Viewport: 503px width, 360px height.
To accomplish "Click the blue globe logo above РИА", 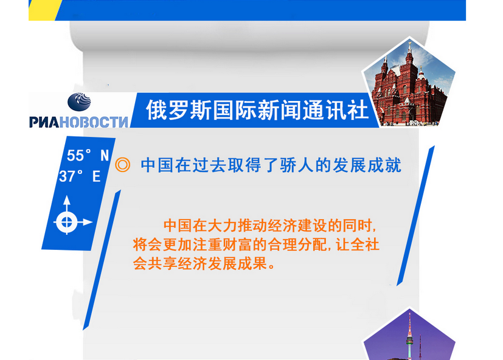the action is (79, 102).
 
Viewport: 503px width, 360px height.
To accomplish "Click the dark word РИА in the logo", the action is (44, 122).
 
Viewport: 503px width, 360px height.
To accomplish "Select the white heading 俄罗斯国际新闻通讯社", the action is (257, 110).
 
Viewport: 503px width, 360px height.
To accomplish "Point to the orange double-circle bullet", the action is (122, 165).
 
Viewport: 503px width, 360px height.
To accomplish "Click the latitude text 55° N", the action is (88, 156).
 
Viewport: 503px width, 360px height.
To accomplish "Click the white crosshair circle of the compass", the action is (67, 222).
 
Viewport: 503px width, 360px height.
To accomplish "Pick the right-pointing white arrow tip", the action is (88, 222).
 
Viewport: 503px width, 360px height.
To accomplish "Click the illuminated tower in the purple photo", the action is (410, 335).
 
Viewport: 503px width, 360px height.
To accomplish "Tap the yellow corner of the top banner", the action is (43, 10).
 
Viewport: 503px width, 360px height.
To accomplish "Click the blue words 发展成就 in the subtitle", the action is (367, 165).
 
